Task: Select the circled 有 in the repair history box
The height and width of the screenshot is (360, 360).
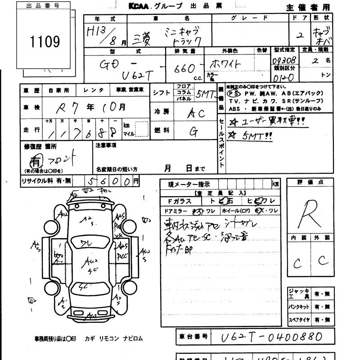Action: (35, 161)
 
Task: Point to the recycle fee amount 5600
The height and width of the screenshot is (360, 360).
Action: (109, 181)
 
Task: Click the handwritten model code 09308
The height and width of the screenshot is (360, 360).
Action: (283, 59)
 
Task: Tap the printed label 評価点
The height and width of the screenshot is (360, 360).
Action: (310, 182)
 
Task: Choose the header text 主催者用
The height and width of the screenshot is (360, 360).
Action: (308, 7)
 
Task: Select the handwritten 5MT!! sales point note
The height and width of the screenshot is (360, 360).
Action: (251, 136)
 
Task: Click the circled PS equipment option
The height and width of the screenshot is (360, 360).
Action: (233, 94)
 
